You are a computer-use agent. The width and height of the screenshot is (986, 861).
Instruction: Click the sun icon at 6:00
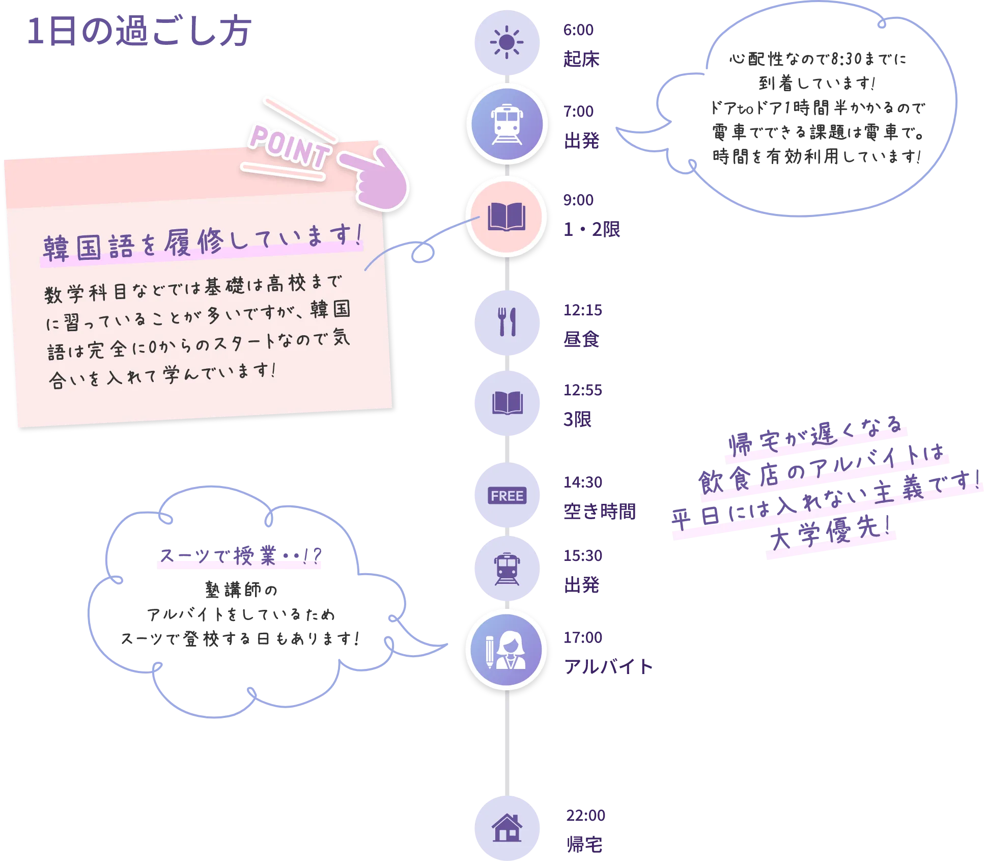506,42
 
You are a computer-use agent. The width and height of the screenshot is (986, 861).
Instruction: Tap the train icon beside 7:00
506,124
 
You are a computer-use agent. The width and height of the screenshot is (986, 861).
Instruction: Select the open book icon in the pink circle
506,217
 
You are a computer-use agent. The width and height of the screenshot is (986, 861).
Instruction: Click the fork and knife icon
506,322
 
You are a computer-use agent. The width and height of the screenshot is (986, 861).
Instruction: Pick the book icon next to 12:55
506,403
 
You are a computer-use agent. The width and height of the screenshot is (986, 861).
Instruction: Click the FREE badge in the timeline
506,495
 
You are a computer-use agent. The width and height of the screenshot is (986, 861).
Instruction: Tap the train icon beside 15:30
506,568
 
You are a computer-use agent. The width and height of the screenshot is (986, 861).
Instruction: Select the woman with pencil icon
506,650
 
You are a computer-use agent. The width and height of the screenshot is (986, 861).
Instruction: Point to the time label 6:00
578,30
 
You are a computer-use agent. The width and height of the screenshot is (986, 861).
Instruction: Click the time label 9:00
578,200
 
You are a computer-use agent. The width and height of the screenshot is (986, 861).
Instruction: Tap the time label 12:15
582,310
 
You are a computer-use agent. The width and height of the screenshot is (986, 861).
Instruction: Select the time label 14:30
582,481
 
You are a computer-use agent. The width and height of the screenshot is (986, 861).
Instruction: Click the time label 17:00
582,637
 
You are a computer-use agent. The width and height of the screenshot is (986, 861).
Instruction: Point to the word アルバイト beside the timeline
609,667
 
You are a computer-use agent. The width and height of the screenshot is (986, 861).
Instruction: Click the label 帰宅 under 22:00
584,846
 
